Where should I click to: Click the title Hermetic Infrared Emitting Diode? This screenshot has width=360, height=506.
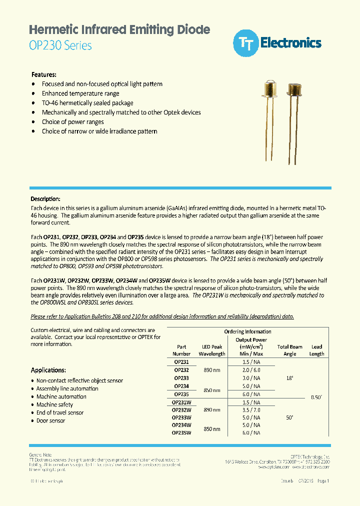point(119,29)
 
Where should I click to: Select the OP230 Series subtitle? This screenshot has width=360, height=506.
point(61,45)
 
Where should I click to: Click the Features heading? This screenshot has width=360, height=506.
point(44,74)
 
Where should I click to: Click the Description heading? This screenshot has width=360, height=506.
point(45,199)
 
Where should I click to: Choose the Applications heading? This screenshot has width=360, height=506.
point(48,370)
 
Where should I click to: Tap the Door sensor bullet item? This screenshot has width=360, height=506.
point(50,420)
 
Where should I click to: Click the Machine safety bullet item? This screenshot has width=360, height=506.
point(54,404)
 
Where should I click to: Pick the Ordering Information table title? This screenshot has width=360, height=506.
point(248,331)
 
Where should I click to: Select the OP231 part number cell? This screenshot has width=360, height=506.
point(181,362)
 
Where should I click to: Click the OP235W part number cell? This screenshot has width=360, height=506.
point(181,433)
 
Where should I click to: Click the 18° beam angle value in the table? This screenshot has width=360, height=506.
point(289,378)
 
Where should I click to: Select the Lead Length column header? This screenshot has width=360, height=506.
point(316,350)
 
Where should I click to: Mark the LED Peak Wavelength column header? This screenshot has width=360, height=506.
point(212,350)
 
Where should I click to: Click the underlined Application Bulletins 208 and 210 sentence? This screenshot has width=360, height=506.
point(162,316)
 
